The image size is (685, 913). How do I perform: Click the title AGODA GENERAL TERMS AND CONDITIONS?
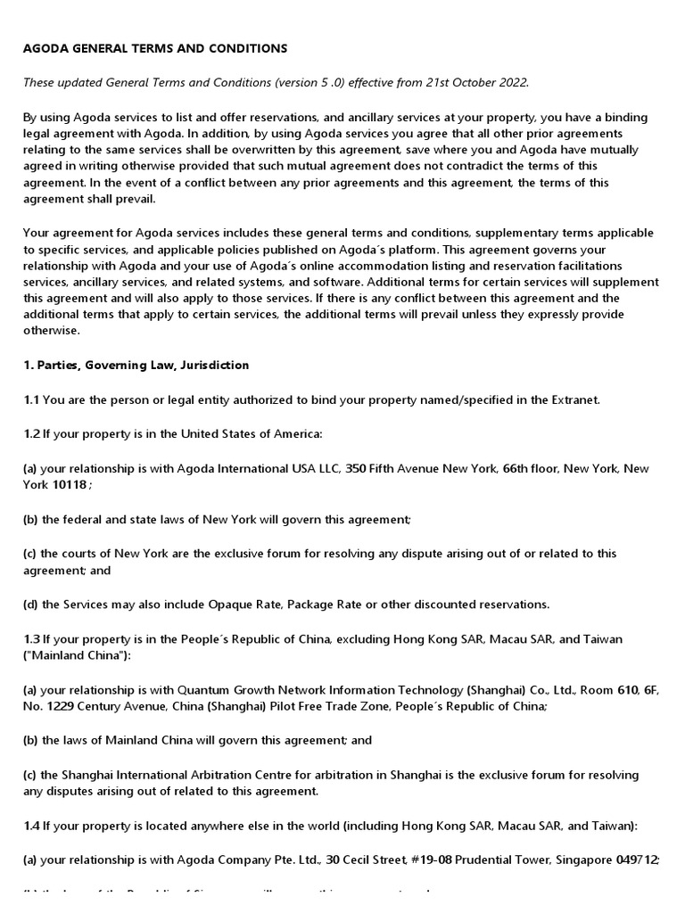pyautogui.click(x=155, y=47)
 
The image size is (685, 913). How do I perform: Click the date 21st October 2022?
pyautogui.click(x=476, y=82)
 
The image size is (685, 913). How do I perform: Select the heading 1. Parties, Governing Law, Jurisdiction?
pyautogui.click(x=136, y=366)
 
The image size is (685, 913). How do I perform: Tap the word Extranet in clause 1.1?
pyautogui.click(x=573, y=399)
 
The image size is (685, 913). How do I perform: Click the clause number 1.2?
pyautogui.click(x=31, y=434)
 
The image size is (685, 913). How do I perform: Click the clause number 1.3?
pyautogui.click(x=31, y=638)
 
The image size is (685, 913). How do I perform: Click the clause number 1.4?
pyautogui.click(x=31, y=826)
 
